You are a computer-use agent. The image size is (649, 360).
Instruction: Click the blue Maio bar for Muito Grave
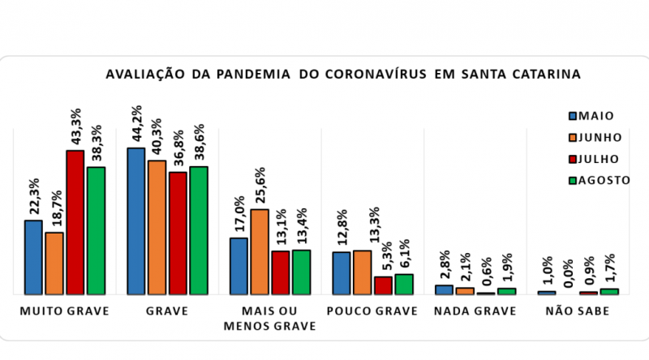tap(33, 257)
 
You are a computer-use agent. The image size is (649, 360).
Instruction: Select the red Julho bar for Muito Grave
tap(75, 222)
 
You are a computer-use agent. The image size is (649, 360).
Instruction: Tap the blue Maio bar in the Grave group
tap(136, 221)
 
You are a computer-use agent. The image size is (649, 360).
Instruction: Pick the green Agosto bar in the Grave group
tap(199, 230)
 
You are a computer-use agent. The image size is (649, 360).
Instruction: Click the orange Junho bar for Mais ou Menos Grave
tap(260, 251)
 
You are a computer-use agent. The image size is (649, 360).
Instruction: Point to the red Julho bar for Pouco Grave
tap(383, 285)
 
